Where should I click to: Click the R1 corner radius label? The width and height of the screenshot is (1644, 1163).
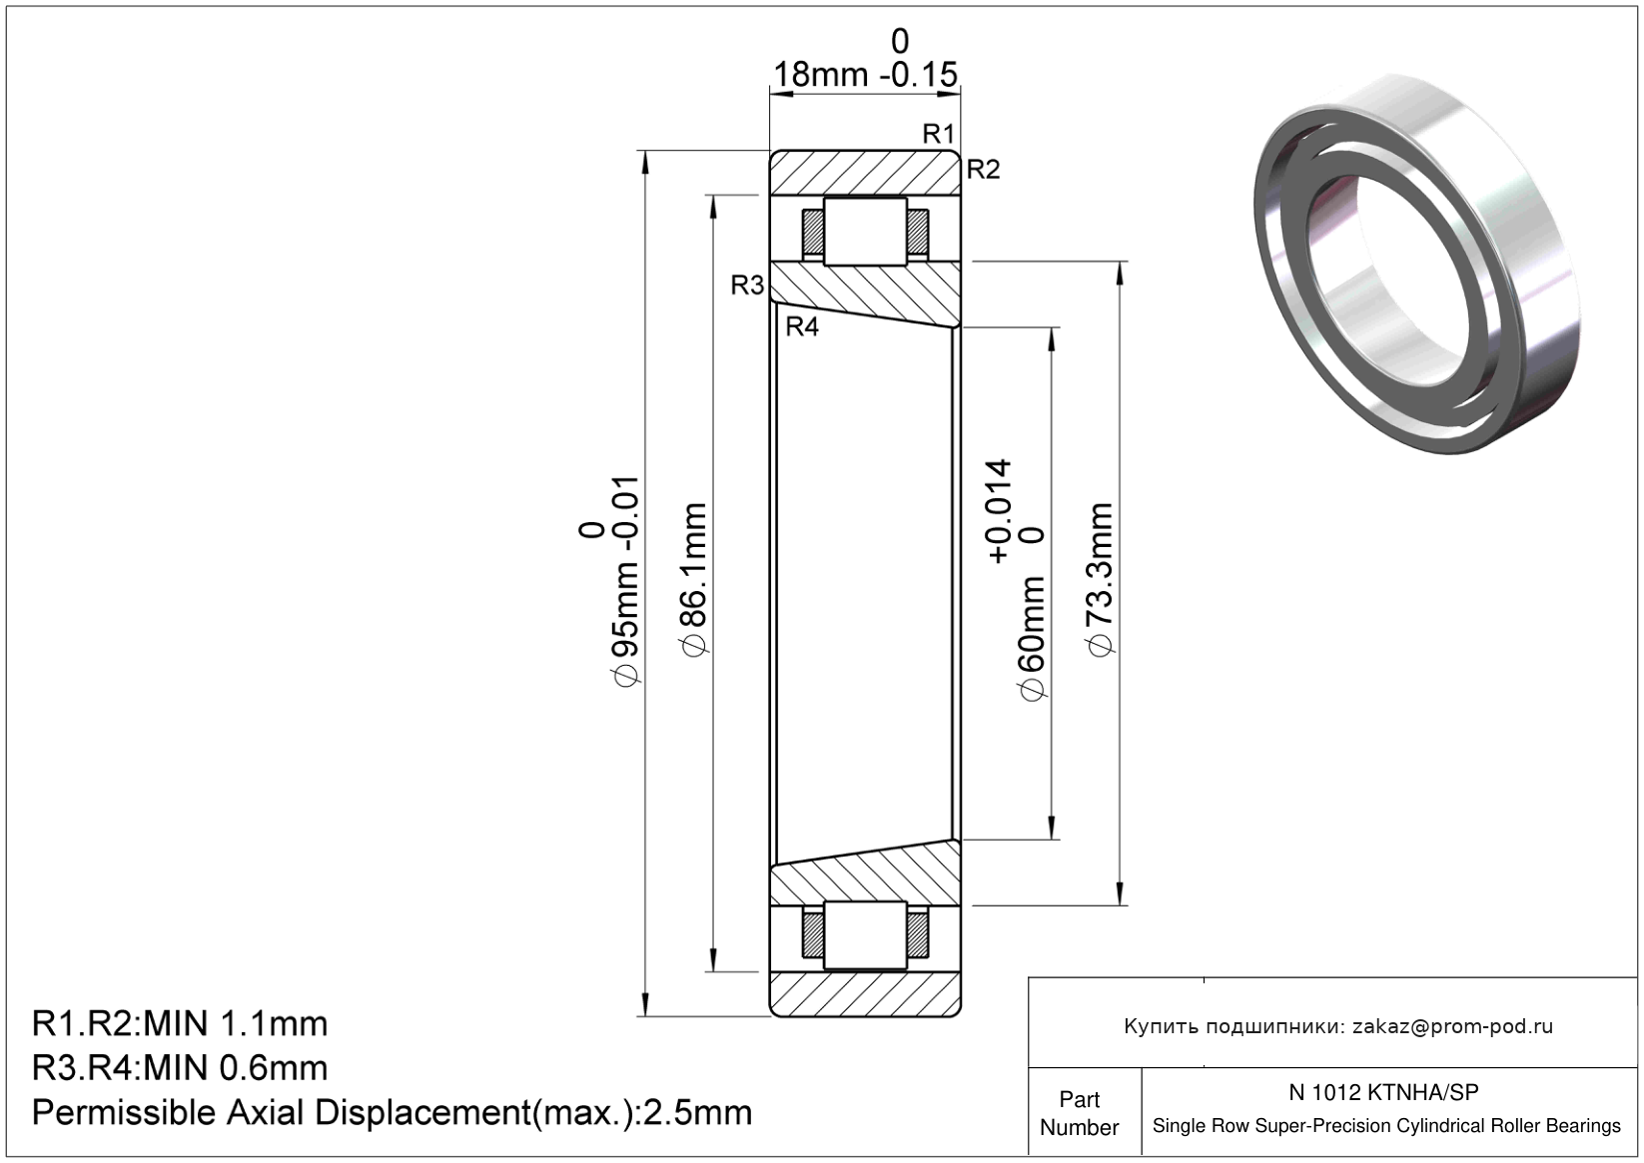[938, 134]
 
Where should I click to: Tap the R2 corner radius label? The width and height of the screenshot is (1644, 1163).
[983, 170]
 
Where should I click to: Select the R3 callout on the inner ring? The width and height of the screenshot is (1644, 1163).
[747, 285]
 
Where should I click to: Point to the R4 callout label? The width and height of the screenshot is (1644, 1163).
[802, 326]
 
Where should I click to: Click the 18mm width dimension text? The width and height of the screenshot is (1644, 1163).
[821, 75]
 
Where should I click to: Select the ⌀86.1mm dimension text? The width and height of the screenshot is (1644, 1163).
[693, 579]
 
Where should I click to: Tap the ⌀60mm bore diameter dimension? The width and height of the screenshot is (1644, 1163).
[1032, 639]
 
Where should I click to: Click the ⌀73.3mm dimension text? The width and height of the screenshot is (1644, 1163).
[1101, 580]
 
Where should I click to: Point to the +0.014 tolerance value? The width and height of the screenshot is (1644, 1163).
[999, 511]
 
